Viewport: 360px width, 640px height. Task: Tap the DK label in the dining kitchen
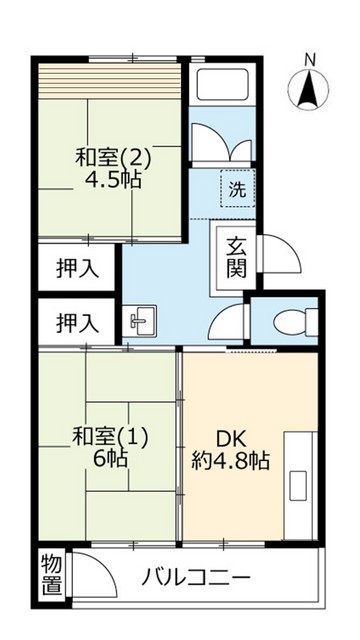pyautogui.click(x=231, y=437)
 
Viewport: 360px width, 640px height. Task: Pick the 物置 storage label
pyautogui.click(x=50, y=576)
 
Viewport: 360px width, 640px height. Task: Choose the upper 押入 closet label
pyautogui.click(x=77, y=269)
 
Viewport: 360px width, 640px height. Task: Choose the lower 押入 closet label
pyautogui.click(x=77, y=323)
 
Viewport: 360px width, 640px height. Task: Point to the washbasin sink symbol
pyautogui.click(x=140, y=322)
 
